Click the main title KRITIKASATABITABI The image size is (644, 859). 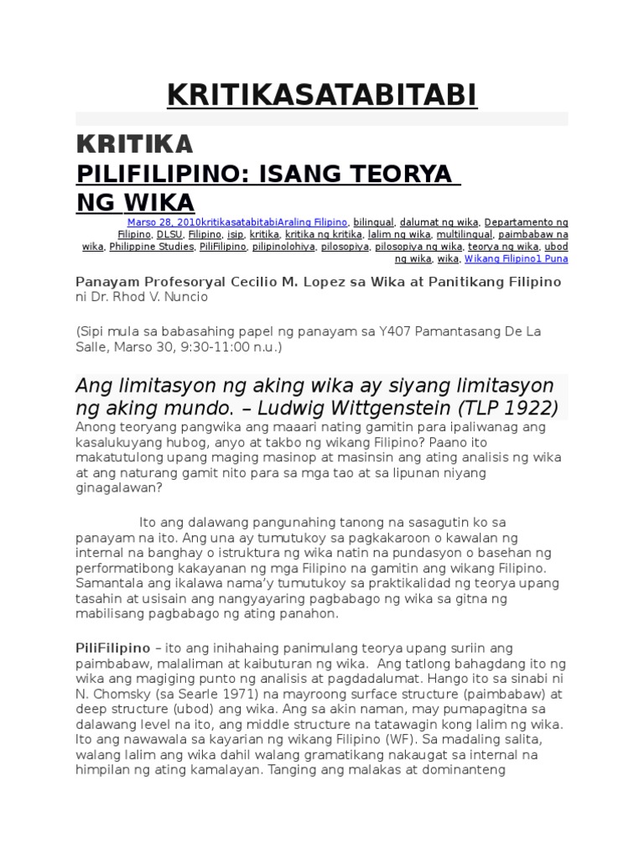point(322,96)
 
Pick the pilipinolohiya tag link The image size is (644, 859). point(284,247)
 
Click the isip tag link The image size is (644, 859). point(236,235)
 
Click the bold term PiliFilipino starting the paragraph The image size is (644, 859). point(112,648)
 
